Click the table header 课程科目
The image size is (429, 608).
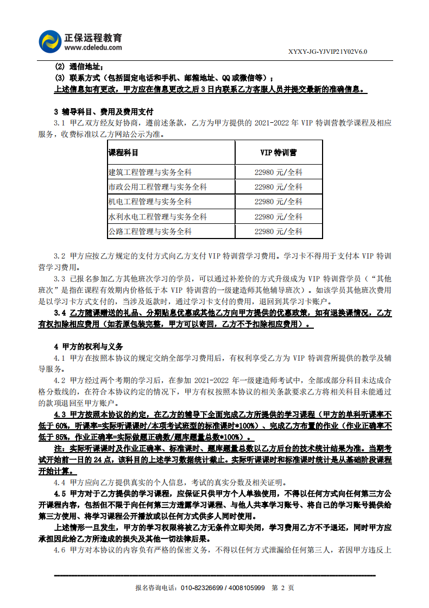pyautogui.click(x=123, y=152)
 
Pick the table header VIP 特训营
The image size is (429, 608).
pyautogui.click(x=279, y=152)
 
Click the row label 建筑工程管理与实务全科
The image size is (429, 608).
pyautogui.click(x=150, y=172)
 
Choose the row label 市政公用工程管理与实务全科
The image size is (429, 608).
pyautogui.click(x=157, y=187)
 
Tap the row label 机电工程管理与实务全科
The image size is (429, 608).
pyautogui.click(x=150, y=202)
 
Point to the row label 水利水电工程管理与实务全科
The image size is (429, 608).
pyautogui.click(x=157, y=216)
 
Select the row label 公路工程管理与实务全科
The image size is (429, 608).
pyautogui.click(x=150, y=231)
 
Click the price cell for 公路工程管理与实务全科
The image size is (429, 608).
pyautogui.click(x=279, y=231)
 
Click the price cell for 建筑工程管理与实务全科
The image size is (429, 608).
pyautogui.click(x=279, y=172)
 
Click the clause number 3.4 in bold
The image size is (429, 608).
pyautogui.click(x=60, y=314)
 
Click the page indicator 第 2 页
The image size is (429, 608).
pyautogui.click(x=282, y=588)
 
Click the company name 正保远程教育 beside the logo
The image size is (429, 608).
pyautogui.click(x=93, y=37)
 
